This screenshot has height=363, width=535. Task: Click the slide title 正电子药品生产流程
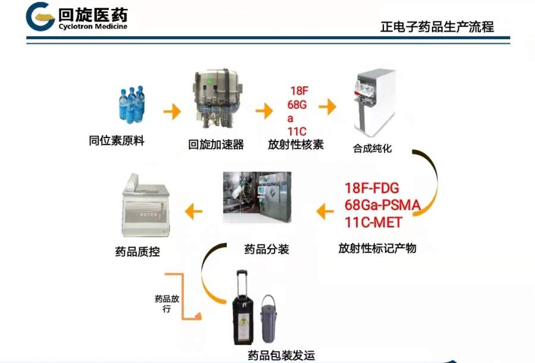pos(437,27)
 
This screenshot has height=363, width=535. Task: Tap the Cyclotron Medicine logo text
pos(93,26)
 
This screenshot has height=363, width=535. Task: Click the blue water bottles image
pos(132,104)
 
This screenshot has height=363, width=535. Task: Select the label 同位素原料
pos(117,140)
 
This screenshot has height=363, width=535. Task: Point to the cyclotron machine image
pos(217,98)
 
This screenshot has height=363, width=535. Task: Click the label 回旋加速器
pos(216,145)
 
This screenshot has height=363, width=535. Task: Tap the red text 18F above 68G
pos(299,91)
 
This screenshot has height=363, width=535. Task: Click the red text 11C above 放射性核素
pos(297,132)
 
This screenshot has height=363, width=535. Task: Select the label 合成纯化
pos(372,148)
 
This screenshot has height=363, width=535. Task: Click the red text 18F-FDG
pos(372,188)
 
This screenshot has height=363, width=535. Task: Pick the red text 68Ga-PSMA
pos(382,205)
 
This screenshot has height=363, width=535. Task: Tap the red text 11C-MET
pos(373,223)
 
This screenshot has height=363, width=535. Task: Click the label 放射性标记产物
pos(377,248)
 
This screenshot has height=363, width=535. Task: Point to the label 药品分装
pos(266,249)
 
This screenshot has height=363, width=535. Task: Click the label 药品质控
pos(137,252)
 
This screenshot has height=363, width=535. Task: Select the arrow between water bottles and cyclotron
pos(172,111)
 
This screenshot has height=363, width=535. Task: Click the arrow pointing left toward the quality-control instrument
pos(193,211)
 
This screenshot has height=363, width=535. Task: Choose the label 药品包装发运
pos(281,356)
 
